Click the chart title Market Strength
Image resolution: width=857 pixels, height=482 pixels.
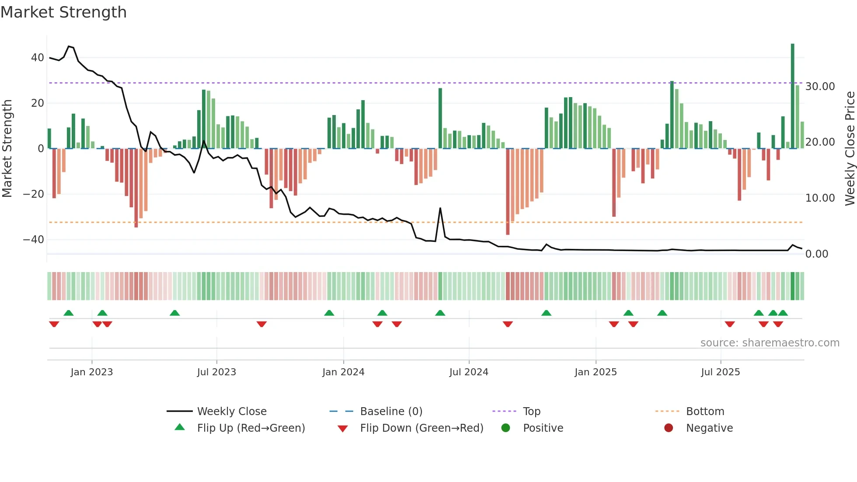(x=63, y=12)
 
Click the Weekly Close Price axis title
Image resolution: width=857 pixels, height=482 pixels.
(x=850, y=148)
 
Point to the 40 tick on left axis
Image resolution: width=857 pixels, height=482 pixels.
(x=38, y=58)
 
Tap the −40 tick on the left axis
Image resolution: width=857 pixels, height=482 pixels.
(x=34, y=240)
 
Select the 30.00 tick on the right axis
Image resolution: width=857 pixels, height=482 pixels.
(x=820, y=87)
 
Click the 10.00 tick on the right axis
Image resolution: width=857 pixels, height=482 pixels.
(x=820, y=198)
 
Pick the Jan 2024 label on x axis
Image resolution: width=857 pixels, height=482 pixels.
(x=343, y=372)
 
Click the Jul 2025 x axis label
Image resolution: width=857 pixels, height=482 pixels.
(x=720, y=372)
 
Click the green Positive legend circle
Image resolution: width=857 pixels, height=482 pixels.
(x=506, y=428)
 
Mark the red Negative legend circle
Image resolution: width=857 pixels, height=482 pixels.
(x=669, y=428)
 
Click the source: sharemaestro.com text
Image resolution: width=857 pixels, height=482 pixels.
(x=770, y=343)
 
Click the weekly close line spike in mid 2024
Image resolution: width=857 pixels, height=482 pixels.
(x=440, y=209)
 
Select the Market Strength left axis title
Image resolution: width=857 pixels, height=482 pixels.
(x=7, y=148)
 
